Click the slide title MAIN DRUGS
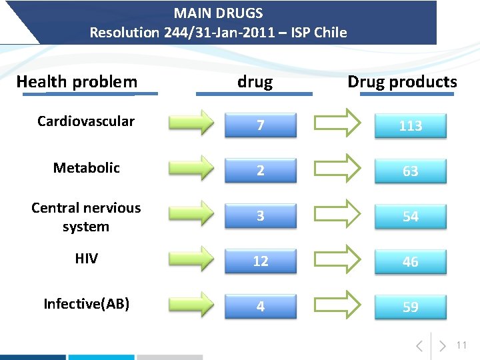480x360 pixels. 219,13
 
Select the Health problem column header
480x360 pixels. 77,82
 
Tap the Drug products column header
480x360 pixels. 402,82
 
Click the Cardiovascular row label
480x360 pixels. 86,121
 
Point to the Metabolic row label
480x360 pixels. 86,168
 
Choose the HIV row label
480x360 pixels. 86,259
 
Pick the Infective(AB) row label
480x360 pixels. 86,304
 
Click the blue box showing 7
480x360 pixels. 261,125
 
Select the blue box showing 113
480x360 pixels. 411,125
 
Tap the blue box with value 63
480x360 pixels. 411,171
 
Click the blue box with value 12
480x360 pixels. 261,261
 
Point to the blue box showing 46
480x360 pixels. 411,261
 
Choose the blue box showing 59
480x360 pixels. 411,307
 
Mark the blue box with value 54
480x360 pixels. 411,216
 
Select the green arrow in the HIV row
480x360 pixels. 191,258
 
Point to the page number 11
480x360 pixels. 462,345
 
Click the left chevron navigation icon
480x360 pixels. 419,346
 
